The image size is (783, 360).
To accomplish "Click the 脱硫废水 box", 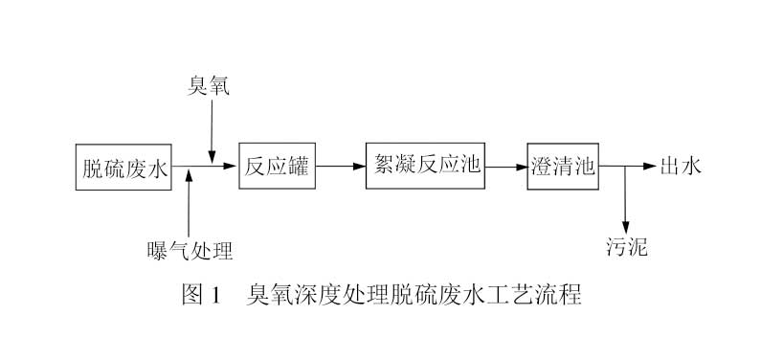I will pos(124,169).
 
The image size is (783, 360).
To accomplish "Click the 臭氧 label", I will pos(210,88).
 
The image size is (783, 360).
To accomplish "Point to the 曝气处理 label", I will pos(190,251).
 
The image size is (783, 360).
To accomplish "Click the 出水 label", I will pos(681,167).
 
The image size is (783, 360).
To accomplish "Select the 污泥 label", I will pos(627,247).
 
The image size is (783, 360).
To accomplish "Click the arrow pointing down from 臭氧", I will pos(211,129).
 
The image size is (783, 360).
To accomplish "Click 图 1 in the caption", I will pos(201,294).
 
